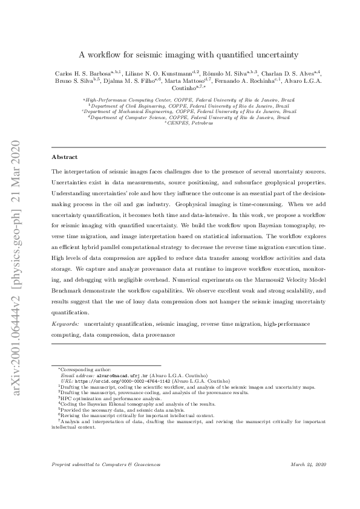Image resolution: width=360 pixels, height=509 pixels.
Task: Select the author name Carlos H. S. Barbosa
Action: click(x=79, y=73)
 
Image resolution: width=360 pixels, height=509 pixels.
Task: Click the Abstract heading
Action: click(x=64, y=157)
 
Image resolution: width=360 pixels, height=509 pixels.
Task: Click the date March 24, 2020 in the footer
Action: click(x=309, y=464)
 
